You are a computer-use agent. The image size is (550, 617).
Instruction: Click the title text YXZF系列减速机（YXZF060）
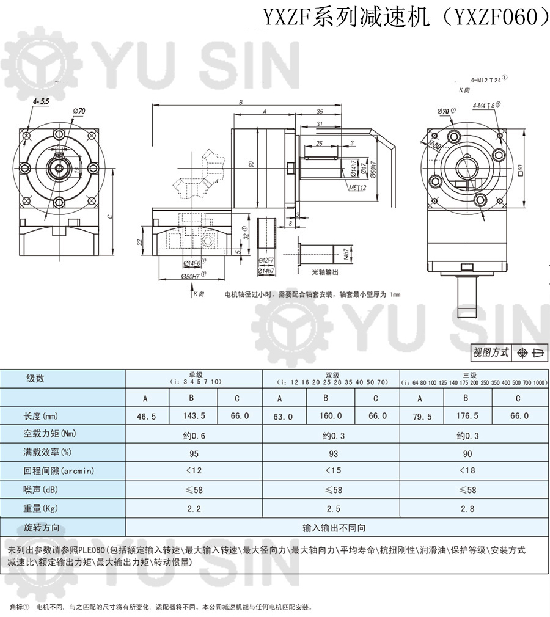(x=406, y=16)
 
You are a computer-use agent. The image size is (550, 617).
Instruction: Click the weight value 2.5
(x=331, y=508)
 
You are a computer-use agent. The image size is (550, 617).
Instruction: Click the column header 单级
(x=195, y=374)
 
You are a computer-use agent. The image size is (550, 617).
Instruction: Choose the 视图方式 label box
(x=490, y=352)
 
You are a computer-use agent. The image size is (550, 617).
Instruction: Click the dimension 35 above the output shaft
(x=320, y=112)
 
